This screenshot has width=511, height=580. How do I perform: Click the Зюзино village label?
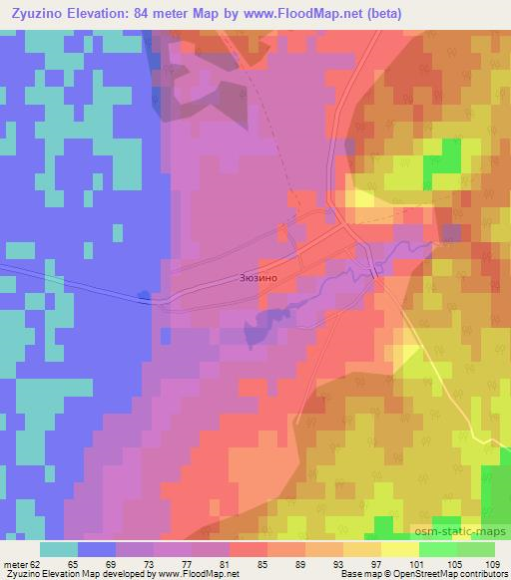pyautogui.click(x=257, y=279)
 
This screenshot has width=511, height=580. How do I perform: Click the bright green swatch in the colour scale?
pyautogui.click(x=438, y=548)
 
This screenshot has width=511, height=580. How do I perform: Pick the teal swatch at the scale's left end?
pyautogui.click(x=59, y=548)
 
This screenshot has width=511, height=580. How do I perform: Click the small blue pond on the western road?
pyautogui.click(x=146, y=295)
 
